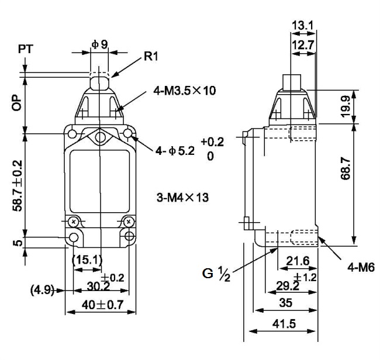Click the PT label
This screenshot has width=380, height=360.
[26, 49]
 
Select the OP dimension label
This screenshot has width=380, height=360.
[16, 103]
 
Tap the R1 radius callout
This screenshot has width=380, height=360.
[151, 57]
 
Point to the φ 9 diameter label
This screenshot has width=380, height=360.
[99, 44]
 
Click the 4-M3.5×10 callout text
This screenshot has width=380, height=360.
[184, 91]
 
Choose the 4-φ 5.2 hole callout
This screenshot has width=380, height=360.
[175, 151]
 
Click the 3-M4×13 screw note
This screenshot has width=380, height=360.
[182, 198]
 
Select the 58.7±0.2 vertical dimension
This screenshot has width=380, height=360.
[18, 186]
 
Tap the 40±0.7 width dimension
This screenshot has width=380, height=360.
[102, 304]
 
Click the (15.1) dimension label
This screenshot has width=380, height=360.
[87, 260]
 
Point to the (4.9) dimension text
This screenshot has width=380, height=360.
[42, 290]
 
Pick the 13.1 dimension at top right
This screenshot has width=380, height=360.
[303, 25]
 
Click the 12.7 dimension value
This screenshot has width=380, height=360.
[303, 45]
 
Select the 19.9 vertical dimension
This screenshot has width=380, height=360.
[346, 106]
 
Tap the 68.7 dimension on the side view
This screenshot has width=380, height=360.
[346, 168]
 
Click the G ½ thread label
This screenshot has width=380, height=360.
[216, 274]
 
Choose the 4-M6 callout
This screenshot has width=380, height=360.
[361, 268]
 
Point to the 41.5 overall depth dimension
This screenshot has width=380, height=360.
[284, 324]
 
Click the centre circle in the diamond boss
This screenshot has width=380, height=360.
[100, 137]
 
